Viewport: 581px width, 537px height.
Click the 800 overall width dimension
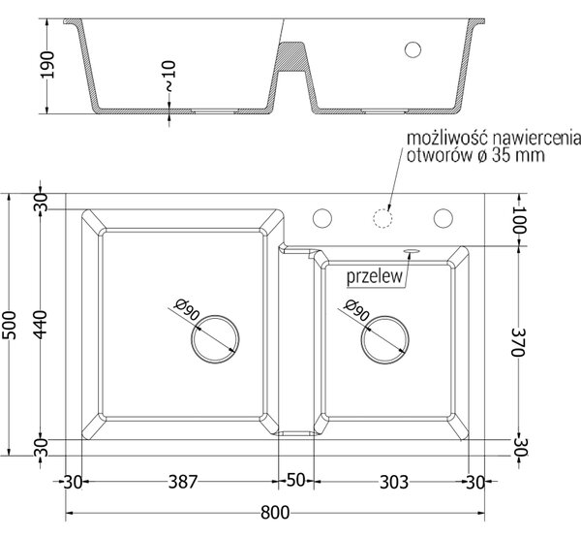[275, 513]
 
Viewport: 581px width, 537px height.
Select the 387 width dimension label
[183, 482]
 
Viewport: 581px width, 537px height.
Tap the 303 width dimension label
[394, 482]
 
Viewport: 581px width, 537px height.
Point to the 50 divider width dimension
[295, 480]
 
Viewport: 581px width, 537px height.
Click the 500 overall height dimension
[10, 325]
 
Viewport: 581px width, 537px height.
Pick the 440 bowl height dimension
[41, 325]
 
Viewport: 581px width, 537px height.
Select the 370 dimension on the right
[517, 342]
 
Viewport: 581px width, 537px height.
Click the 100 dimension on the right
[519, 219]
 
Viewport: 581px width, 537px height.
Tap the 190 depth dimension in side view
[47, 65]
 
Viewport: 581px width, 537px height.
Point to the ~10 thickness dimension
[168, 77]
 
